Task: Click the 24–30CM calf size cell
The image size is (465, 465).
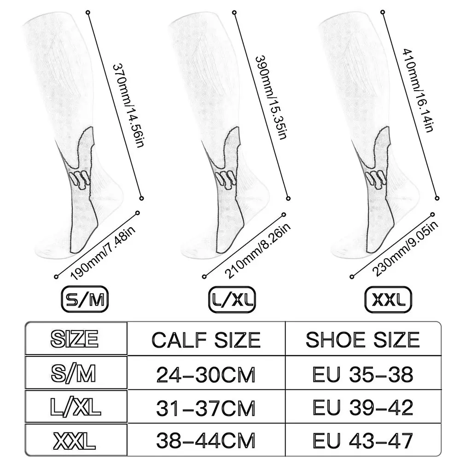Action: [x=206, y=375]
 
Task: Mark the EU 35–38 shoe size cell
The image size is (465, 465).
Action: [x=363, y=375]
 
